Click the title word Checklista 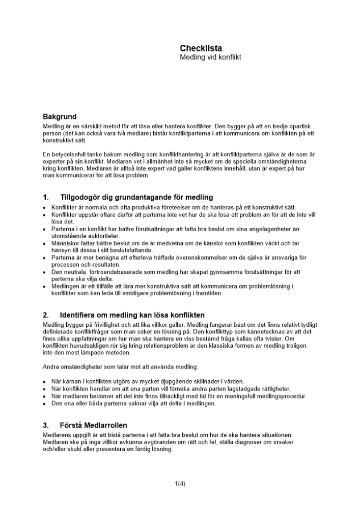(201, 48)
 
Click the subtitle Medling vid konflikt (210, 58)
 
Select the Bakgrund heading (60, 117)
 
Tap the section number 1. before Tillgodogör (46, 197)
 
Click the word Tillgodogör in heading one (82, 197)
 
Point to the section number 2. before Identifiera (46, 315)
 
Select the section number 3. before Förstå (46, 426)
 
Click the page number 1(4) (180, 484)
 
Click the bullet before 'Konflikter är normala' (45, 208)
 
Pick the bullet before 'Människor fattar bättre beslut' (45, 244)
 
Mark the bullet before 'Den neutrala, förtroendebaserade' (45, 272)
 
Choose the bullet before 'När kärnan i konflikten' (45, 381)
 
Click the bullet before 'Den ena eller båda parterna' (45, 404)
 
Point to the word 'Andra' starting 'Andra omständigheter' (51, 367)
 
